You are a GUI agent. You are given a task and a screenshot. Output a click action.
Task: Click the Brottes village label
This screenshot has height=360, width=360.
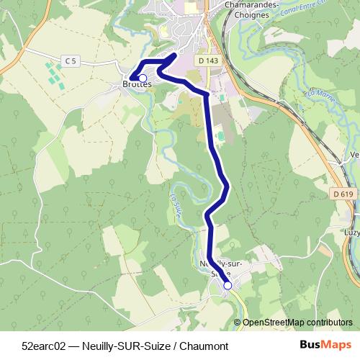coord(137,84)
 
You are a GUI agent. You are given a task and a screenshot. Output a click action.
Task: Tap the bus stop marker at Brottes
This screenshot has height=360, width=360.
coord(143,78)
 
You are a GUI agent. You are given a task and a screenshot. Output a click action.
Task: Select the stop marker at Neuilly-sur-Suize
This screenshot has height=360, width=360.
coord(228,285)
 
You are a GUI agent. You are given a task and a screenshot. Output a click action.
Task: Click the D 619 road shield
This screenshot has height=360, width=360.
coord(344,194)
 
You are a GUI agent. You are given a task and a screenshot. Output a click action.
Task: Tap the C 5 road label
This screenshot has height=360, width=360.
coord(70,62)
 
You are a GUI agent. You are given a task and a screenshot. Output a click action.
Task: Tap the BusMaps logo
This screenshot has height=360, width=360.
coord(325,346)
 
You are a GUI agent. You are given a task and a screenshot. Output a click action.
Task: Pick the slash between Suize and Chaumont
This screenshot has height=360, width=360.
coord(174,346)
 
